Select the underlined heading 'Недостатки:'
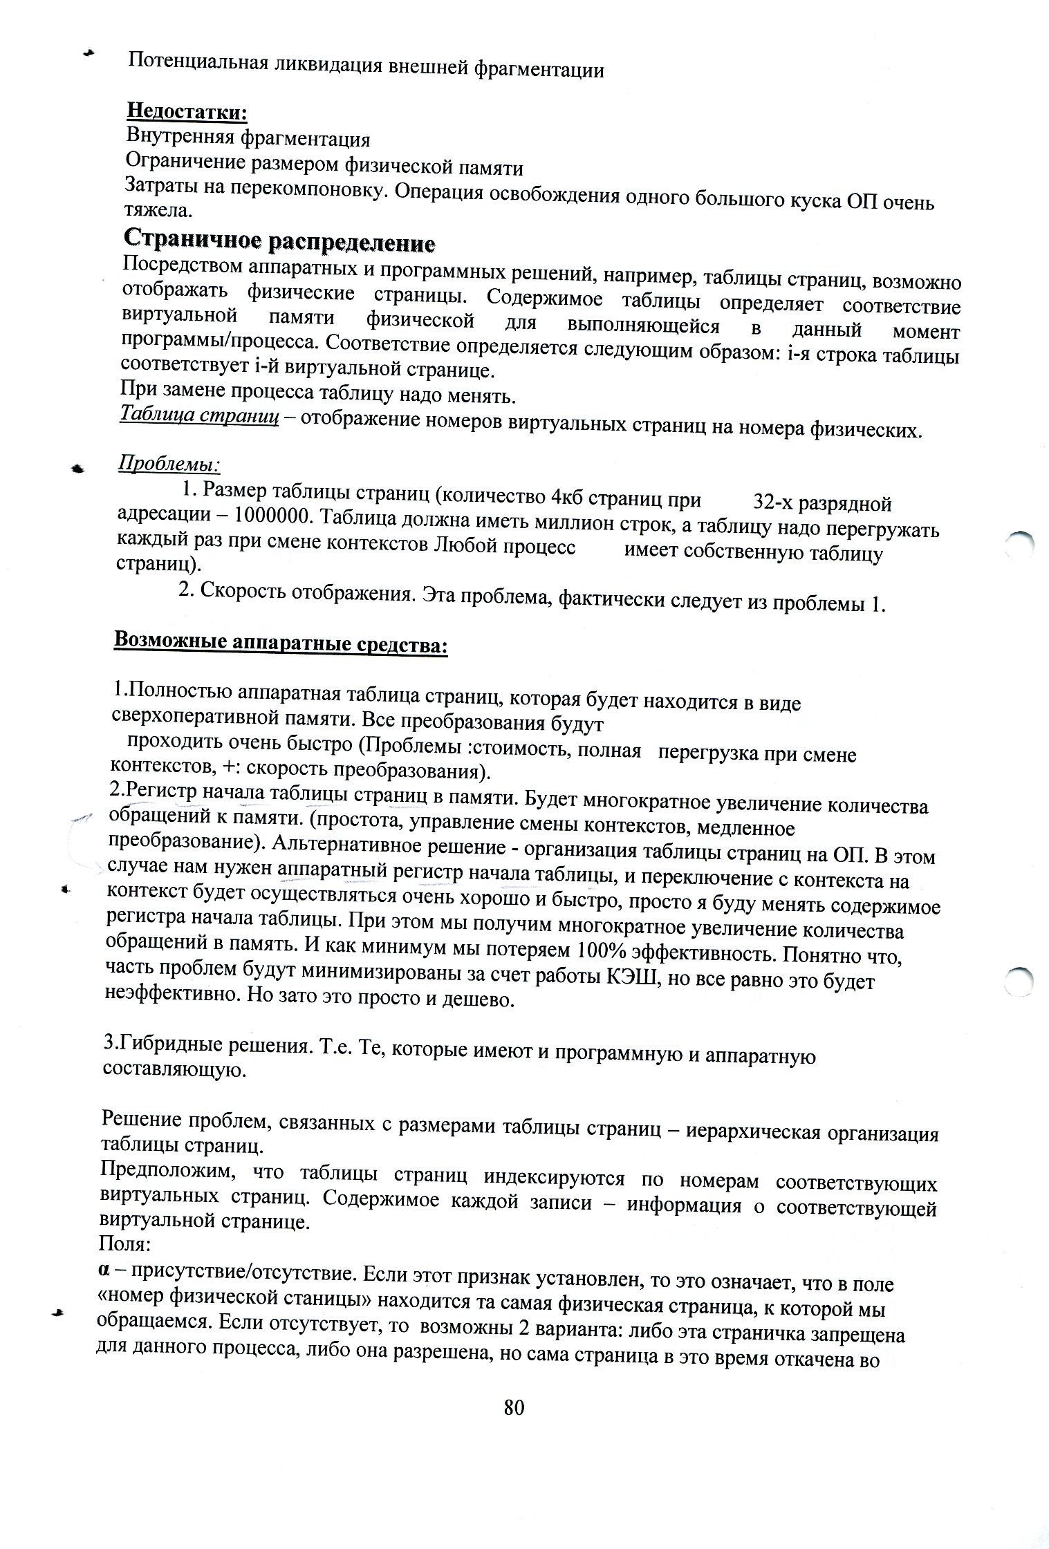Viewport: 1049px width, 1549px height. (187, 111)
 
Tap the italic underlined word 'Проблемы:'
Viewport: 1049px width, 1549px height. (169, 462)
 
